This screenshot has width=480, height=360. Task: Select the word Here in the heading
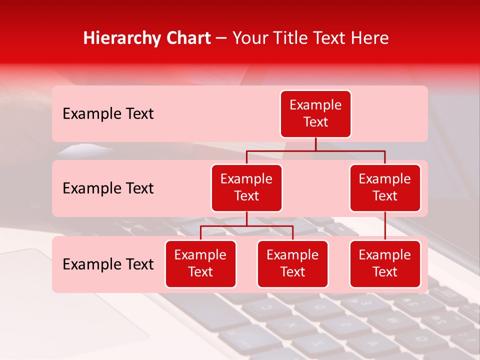pyautogui.click(x=369, y=38)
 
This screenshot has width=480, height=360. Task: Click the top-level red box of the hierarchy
pyautogui.click(x=315, y=114)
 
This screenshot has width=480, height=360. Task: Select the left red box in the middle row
pyautogui.click(x=246, y=188)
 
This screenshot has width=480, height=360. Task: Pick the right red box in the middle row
pyautogui.click(x=385, y=188)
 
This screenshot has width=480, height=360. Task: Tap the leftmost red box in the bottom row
pyautogui.click(x=200, y=264)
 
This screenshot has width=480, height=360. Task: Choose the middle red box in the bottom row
pyautogui.click(x=292, y=264)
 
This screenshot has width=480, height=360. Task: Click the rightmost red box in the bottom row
pyautogui.click(x=385, y=264)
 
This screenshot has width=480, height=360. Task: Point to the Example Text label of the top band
pyautogui.click(x=108, y=114)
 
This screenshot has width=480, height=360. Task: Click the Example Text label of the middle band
pyautogui.click(x=108, y=188)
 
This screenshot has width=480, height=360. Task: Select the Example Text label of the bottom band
pyautogui.click(x=108, y=264)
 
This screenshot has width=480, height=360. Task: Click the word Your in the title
pyautogui.click(x=248, y=38)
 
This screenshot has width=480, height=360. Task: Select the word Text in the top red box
pyautogui.click(x=315, y=122)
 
